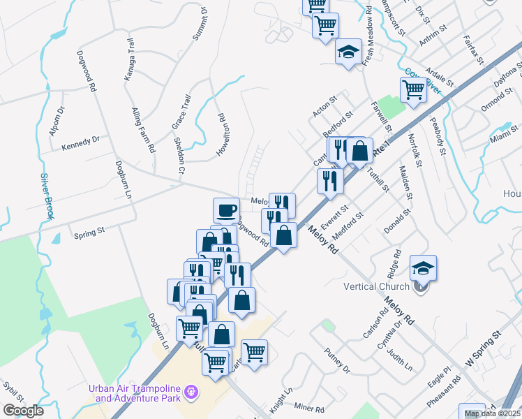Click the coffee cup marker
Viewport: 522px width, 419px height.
(x=226, y=209)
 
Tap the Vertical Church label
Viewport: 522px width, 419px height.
(x=375, y=286)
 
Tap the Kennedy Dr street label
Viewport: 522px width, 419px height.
(x=80, y=143)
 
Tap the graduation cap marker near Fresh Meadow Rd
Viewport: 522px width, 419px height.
(x=348, y=52)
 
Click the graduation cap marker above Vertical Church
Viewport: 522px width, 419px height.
(x=423, y=267)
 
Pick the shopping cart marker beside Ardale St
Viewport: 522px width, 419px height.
(x=413, y=89)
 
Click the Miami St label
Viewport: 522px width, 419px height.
(x=504, y=134)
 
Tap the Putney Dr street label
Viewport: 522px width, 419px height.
(x=336, y=359)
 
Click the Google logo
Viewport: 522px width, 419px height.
(x=23, y=411)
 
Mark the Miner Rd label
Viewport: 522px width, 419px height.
(x=310, y=409)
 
